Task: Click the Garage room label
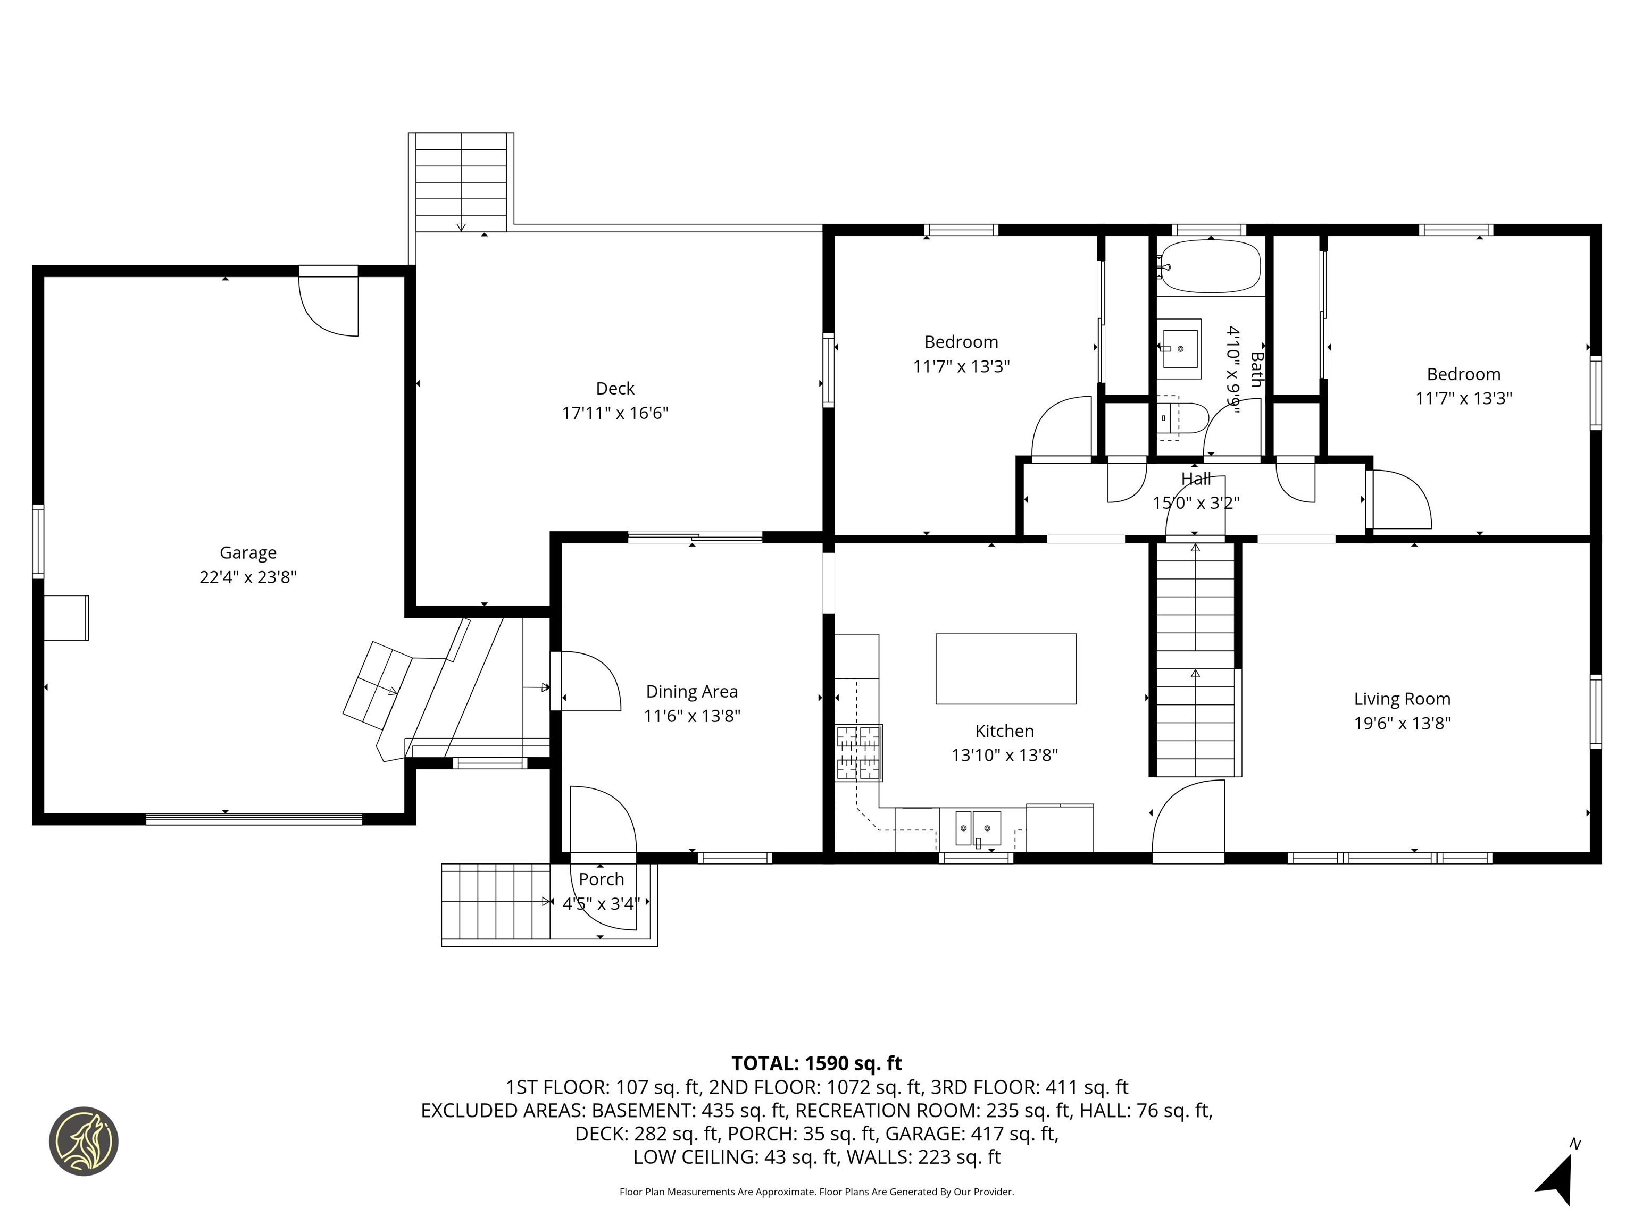(248, 552)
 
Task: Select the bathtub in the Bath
(1210, 266)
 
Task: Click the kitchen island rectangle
(1005, 668)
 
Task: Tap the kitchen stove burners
(859, 753)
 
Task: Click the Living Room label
(1402, 699)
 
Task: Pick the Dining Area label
(691, 691)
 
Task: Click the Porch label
(601, 879)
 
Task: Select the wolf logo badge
(84, 1141)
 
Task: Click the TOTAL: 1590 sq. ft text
(816, 1063)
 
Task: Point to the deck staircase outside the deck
(461, 182)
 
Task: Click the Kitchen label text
(1004, 731)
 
